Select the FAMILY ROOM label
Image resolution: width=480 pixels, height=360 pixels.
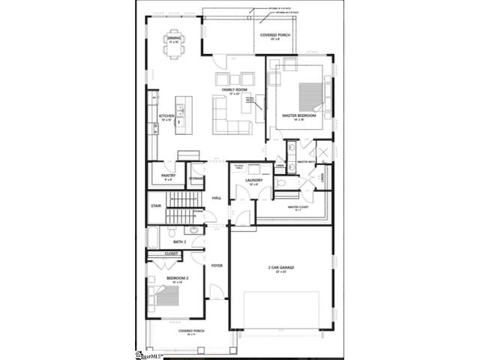pos(235,90)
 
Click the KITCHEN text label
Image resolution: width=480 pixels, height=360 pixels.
pos(166,115)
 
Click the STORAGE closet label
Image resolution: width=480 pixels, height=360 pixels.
pos(196,178)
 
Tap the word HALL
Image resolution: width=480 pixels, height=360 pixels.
pos(217,197)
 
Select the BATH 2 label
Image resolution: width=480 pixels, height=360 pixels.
pos(179,242)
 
